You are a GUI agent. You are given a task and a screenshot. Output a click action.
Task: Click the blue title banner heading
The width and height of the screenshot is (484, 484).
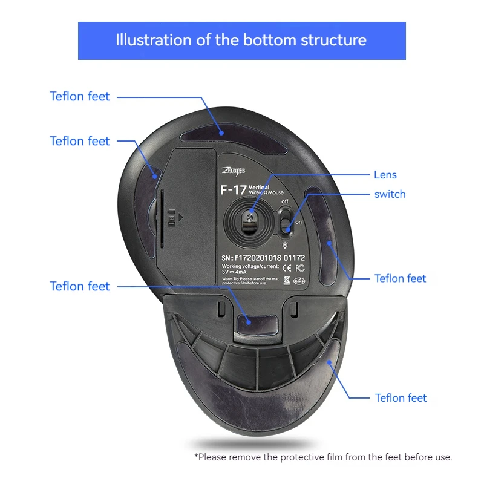pyautogui.click(x=241, y=41)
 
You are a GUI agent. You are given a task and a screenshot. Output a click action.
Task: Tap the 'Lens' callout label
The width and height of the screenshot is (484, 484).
pyautogui.click(x=385, y=175)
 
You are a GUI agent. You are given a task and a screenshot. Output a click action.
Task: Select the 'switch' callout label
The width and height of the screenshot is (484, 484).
pyautogui.click(x=390, y=194)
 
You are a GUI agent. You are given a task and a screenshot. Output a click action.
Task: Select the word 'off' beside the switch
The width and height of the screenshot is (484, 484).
pyautogui.click(x=285, y=201)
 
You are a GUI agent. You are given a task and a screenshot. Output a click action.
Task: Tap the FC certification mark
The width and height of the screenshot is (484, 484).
pyautogui.click(x=300, y=269)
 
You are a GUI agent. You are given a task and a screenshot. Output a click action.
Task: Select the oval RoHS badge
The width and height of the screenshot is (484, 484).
pyautogui.click(x=298, y=280)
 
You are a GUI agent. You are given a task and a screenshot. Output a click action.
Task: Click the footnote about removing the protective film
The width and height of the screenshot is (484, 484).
pyautogui.click(x=323, y=457)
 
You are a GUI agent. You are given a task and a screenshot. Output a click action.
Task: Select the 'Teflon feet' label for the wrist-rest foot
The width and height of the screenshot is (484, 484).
pyautogui.click(x=401, y=397)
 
